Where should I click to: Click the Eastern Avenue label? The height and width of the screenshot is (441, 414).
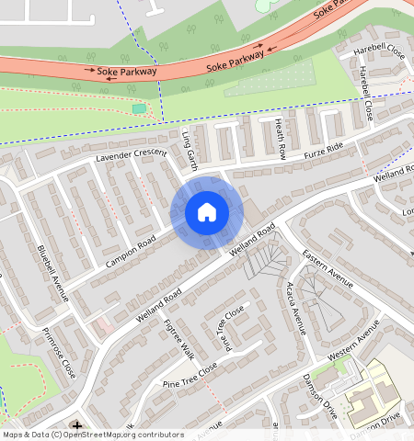327,267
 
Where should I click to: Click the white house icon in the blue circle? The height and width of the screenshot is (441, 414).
207,212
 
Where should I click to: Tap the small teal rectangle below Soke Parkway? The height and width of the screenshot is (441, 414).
139,109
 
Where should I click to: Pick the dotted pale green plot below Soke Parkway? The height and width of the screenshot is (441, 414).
269,79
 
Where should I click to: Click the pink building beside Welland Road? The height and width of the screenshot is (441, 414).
103,325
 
